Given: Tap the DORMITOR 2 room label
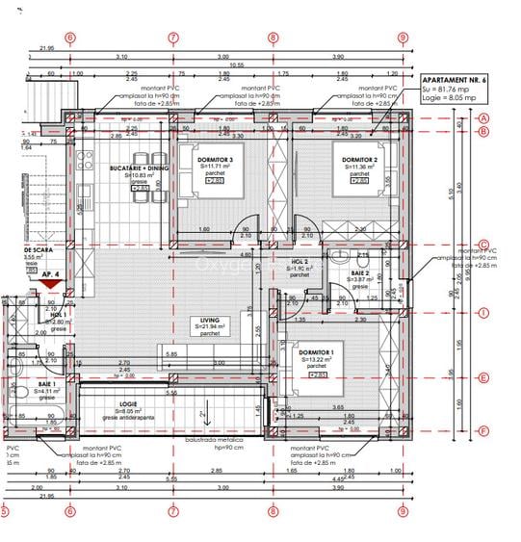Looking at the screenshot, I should (x=358, y=159).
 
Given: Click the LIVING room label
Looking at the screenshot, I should (x=209, y=320).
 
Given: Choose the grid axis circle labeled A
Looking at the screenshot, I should (x=484, y=118).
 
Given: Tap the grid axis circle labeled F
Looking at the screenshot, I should (x=484, y=432).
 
